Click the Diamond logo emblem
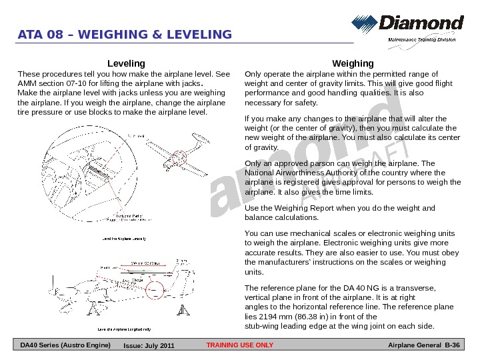[x=365, y=24]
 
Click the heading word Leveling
[x=126, y=63]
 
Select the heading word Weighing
[x=353, y=63]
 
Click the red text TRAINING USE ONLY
[x=240, y=345]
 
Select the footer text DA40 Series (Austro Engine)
[x=65, y=345]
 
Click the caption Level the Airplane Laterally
[x=123, y=238]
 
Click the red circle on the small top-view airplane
[x=179, y=157]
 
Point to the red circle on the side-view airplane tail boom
[x=155, y=289]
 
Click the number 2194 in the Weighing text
[x=267, y=317]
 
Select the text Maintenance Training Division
[x=422, y=39]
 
